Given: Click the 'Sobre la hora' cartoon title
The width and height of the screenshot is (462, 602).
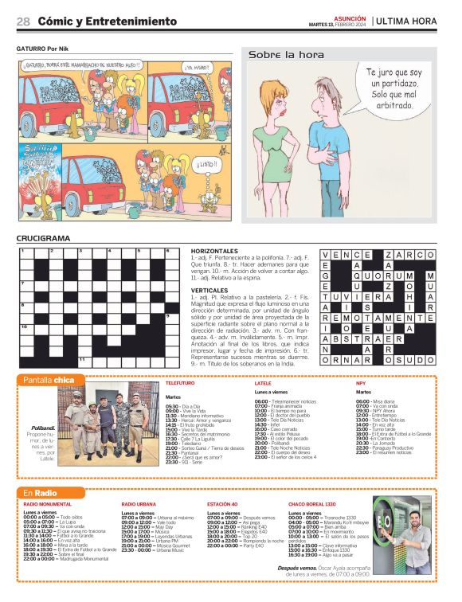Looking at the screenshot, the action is click(287, 55).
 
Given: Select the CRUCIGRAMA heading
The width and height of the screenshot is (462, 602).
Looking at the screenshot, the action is click(43, 238).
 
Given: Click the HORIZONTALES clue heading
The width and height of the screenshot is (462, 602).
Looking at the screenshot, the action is click(214, 251).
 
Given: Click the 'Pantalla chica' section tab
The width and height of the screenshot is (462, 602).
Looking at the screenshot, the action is click(49, 381).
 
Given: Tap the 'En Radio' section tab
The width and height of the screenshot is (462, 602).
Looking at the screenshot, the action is click(39, 494).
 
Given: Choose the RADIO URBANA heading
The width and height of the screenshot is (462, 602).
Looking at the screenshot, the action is click(139, 505).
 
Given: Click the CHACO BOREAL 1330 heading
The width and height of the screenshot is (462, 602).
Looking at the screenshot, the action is click(312, 505).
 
